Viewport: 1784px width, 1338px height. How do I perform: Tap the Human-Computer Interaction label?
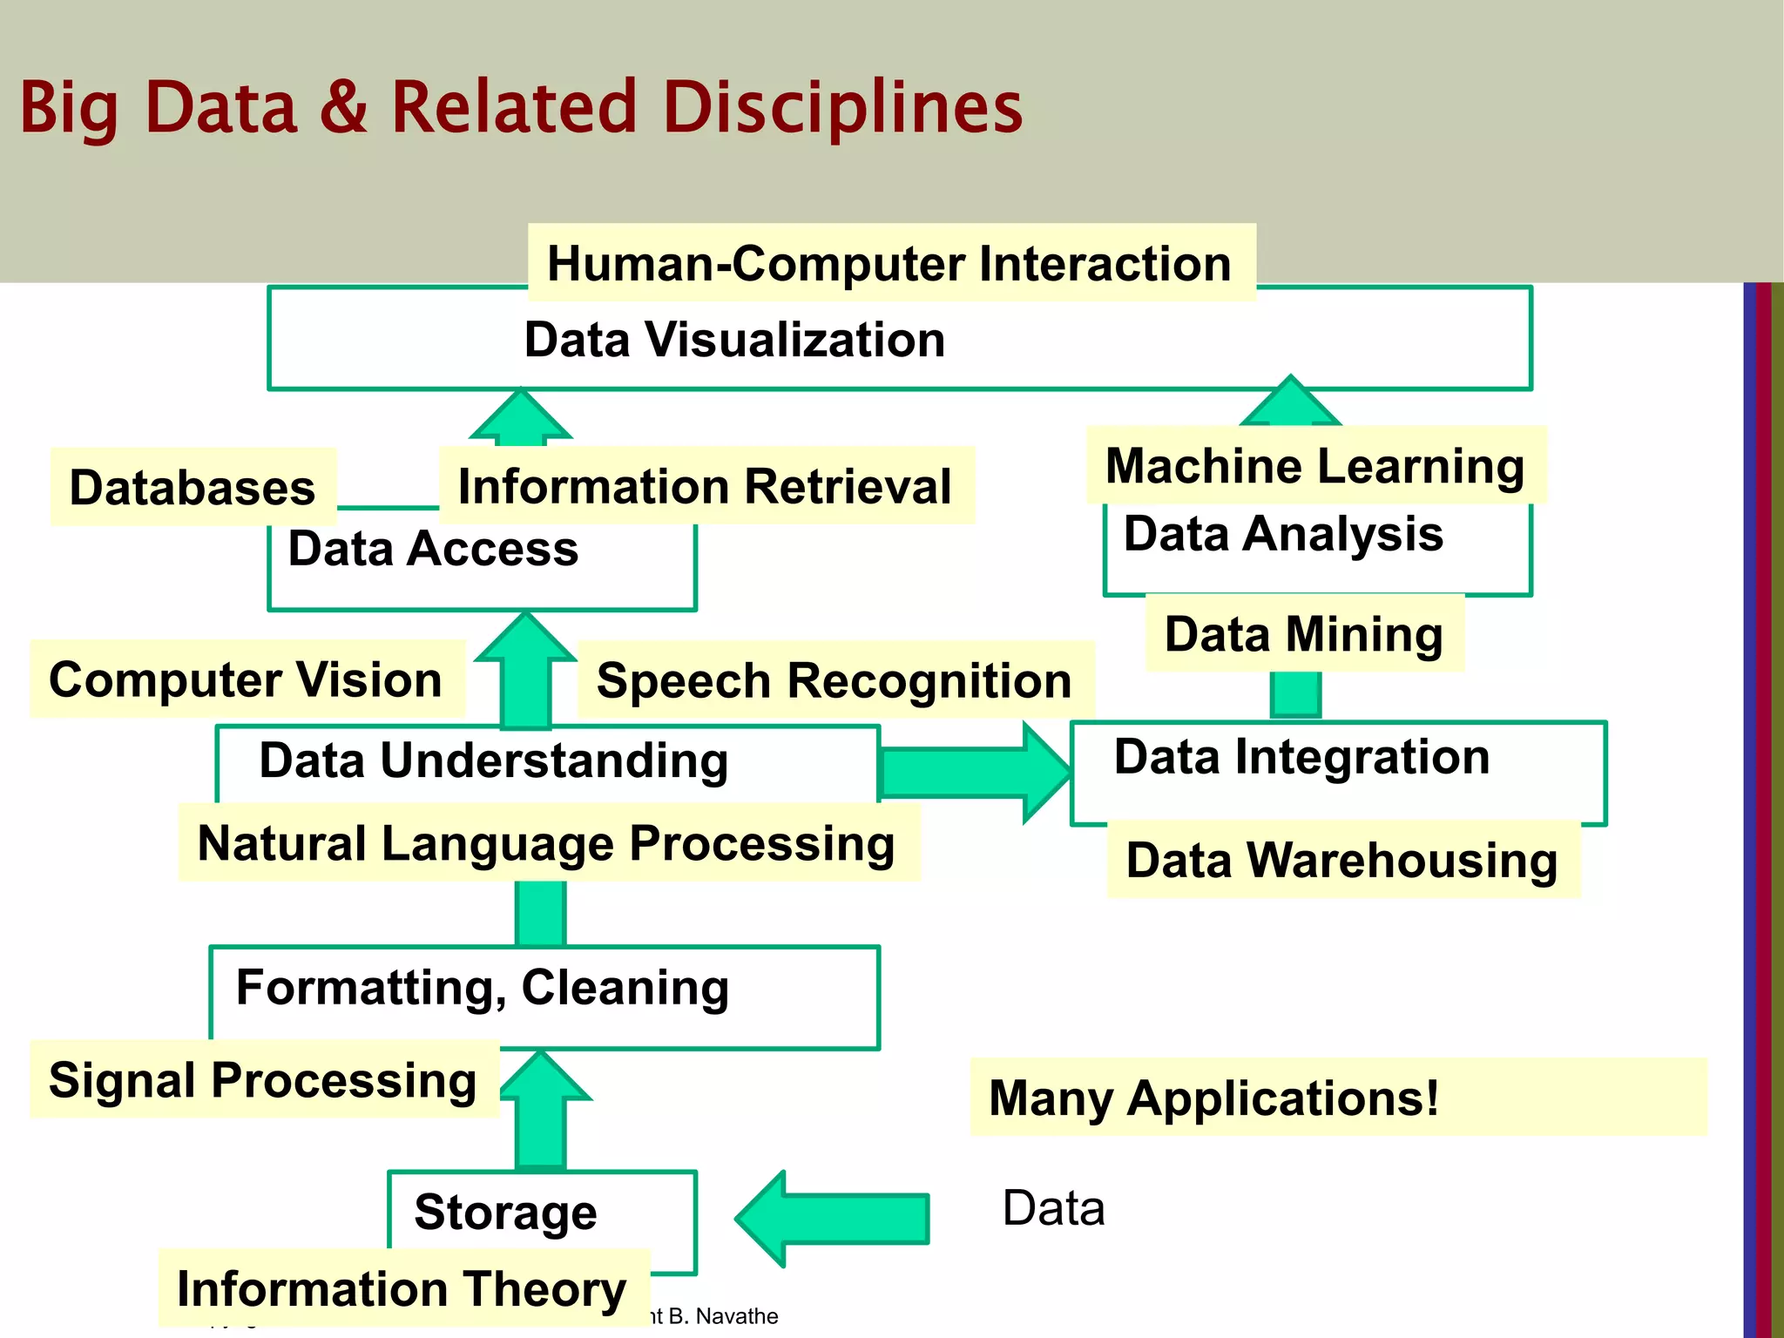pos(889,263)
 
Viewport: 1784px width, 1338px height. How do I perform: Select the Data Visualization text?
pos(734,340)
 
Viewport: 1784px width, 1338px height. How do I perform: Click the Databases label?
pos(193,487)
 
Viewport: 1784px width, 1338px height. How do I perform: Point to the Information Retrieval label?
pos(705,486)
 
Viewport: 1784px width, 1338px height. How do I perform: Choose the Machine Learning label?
pos(1315,465)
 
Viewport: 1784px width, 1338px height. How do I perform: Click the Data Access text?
pos(433,549)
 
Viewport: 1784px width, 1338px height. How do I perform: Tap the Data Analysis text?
pos(1283,533)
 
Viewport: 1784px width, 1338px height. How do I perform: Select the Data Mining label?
pos(1304,633)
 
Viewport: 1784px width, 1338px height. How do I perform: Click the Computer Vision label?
pos(246,679)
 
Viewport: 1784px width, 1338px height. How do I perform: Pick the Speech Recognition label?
pos(834,680)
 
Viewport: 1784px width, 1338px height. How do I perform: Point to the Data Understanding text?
pos(494,760)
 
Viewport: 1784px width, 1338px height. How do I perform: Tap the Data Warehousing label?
pos(1341,860)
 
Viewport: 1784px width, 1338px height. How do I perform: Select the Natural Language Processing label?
pos(546,843)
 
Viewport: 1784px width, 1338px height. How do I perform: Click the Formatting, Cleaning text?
pos(483,988)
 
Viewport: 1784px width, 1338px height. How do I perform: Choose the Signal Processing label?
pos(263,1080)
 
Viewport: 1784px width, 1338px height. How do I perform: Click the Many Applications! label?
pos(1213,1098)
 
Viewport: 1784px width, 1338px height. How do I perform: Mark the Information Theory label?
pos(402,1288)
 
